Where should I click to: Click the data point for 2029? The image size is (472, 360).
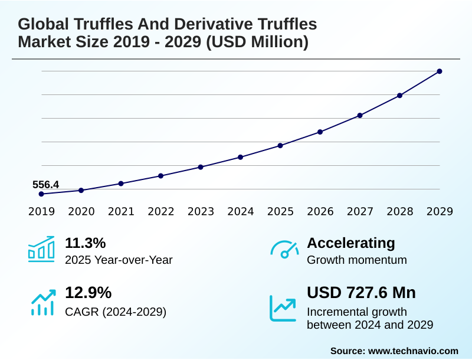coord(440,71)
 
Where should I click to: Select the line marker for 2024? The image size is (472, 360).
coord(241,157)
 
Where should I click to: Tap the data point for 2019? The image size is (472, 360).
coord(41,194)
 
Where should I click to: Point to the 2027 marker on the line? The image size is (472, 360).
coord(360,115)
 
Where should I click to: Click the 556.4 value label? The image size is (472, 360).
coord(45,185)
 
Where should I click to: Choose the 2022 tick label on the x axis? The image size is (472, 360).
coord(160,211)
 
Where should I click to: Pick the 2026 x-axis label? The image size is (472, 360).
coord(320,211)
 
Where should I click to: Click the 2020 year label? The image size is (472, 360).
coord(81,211)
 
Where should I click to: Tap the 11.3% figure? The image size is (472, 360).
coord(85,243)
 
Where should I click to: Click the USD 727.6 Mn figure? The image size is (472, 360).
coord(361,293)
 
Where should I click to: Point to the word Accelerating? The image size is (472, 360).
coord(351,243)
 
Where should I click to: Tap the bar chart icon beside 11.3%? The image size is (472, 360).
coord(41,249)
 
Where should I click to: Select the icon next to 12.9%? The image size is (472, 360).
coord(42,302)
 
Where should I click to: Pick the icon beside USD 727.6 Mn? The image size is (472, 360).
coord(283,307)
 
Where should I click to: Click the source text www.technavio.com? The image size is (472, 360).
coord(413,351)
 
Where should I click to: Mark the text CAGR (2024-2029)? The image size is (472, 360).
coord(116,311)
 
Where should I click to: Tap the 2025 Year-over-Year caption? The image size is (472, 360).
coord(119,260)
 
